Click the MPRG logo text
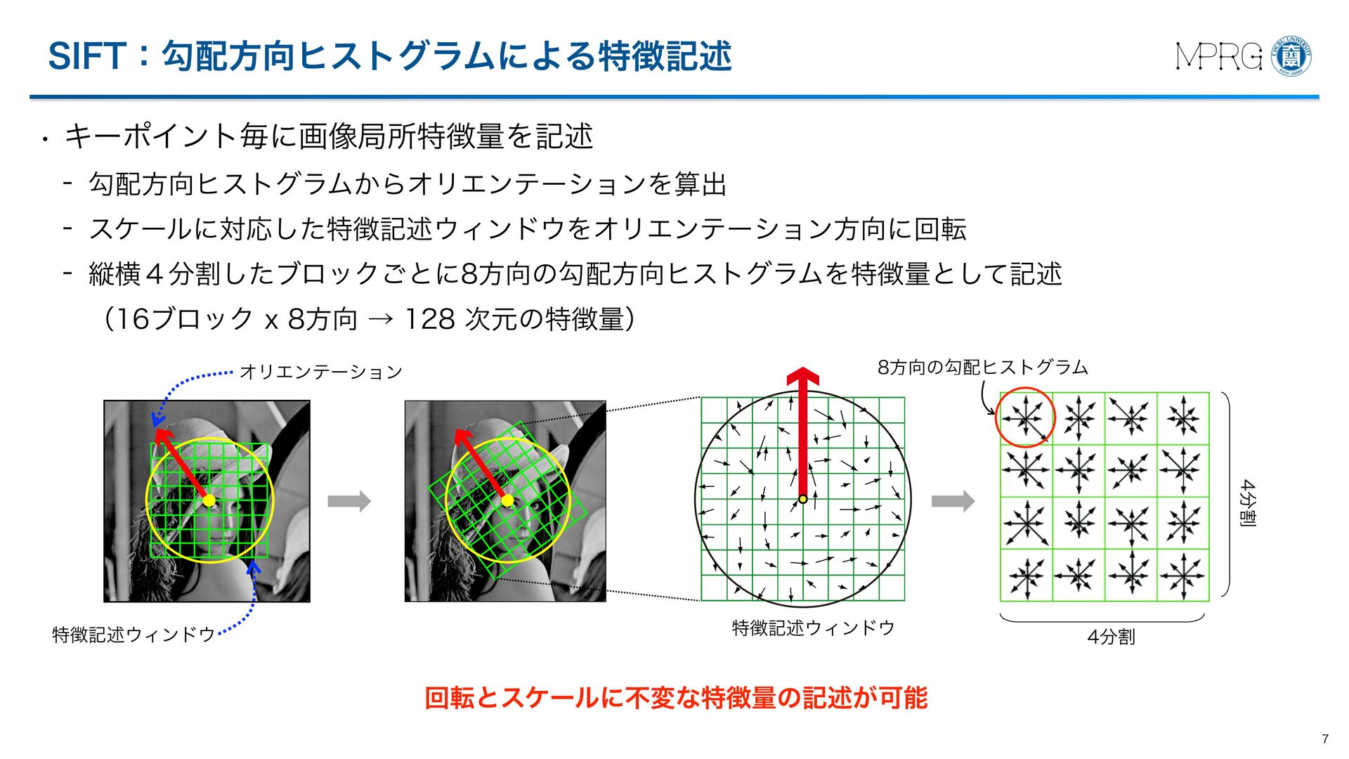[1220, 56]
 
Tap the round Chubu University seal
[1292, 56]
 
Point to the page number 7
[1325, 739]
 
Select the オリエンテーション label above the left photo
[320, 372]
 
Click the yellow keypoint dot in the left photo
[209, 500]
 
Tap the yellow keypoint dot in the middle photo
[507, 500]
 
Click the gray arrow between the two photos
[349, 501]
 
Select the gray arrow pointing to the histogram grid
[953, 501]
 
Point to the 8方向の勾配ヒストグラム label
[982, 367]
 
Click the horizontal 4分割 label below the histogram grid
[1111, 637]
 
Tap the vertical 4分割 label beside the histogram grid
[1248, 503]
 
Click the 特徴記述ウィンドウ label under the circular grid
[813, 628]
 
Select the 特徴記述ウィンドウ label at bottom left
[133, 635]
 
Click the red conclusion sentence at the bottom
[676, 698]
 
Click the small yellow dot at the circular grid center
[803, 499]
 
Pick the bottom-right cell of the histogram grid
[1183, 575]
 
